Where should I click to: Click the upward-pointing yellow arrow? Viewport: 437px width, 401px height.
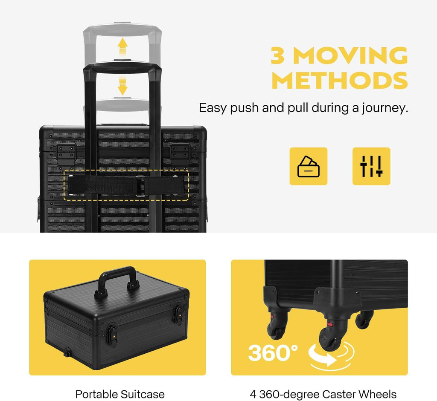point(122,47)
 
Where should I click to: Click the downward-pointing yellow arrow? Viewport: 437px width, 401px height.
point(122,86)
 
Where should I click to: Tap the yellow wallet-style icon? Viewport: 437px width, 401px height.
point(308,166)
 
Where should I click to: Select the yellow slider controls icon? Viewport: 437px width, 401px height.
point(371,166)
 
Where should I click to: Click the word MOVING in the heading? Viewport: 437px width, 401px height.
point(351,55)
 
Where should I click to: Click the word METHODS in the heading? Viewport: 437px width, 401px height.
point(340,80)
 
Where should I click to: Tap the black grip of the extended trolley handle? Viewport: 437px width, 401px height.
point(122,68)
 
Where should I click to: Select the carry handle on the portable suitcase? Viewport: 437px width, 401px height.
point(117,282)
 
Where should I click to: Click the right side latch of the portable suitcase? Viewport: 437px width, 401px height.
point(178,314)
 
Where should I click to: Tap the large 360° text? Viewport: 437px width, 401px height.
point(273,352)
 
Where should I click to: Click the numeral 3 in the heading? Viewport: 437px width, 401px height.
point(278,55)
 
